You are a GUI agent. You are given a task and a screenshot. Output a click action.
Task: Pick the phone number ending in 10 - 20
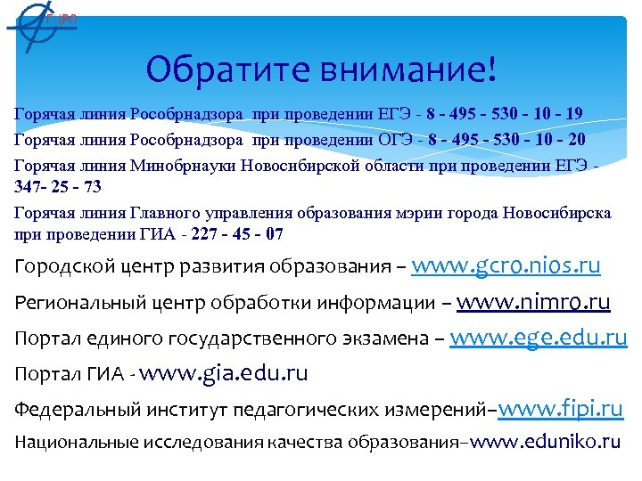(x=505, y=139)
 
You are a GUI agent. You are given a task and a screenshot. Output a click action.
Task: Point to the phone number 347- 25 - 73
(x=58, y=186)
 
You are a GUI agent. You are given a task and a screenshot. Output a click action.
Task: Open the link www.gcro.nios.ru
(x=506, y=266)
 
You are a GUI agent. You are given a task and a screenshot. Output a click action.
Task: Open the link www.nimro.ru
(x=533, y=302)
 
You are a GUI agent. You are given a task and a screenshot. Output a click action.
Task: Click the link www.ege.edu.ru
(x=539, y=338)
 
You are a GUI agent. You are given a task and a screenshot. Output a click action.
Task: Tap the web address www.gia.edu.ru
(x=224, y=373)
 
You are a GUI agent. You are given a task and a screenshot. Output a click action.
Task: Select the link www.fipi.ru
(x=560, y=410)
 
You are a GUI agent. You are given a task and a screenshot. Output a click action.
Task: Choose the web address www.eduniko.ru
(x=545, y=441)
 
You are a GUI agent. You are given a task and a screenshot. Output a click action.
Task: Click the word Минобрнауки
(x=175, y=164)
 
